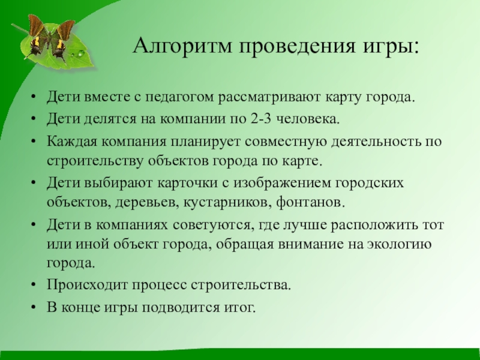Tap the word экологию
tap(403, 244)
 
